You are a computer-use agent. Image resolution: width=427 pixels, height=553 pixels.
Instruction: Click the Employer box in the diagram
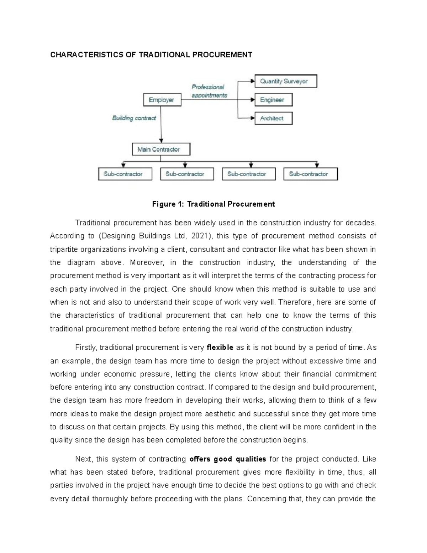[162, 100]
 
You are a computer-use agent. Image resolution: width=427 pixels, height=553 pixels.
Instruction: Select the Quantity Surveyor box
[285, 81]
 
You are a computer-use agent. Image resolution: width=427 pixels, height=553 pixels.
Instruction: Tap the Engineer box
[273, 100]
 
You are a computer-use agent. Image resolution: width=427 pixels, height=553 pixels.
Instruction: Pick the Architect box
[273, 119]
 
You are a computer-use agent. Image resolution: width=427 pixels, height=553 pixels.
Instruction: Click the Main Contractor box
[161, 150]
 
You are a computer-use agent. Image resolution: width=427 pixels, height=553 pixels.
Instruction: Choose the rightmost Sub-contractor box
[310, 174]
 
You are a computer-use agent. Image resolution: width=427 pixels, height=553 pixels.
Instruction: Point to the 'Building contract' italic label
[134, 118]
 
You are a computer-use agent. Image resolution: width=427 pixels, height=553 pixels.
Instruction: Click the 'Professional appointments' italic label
[209, 91]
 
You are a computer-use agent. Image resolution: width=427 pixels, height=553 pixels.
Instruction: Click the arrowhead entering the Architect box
[253, 118]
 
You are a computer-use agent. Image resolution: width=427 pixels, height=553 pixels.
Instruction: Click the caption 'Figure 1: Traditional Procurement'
[213, 204]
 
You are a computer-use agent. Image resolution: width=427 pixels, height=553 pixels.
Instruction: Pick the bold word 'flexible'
[220, 348]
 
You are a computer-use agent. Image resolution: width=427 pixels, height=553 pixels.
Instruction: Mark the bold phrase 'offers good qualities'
[228, 459]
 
